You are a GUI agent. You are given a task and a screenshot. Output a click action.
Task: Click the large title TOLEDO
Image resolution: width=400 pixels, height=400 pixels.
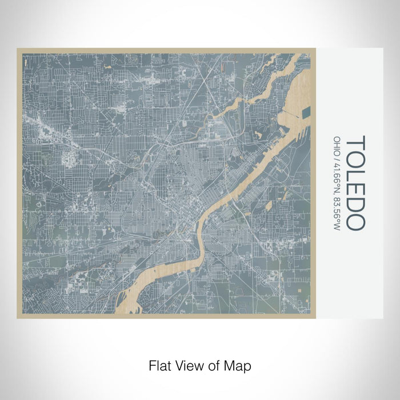click(355, 182)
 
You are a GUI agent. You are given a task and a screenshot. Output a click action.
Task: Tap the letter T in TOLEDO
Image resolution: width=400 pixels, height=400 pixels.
click(355, 141)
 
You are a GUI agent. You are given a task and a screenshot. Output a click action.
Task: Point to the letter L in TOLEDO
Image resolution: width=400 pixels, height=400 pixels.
click(355, 175)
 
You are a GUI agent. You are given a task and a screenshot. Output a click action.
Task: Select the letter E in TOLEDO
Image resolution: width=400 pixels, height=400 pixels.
click(355, 190)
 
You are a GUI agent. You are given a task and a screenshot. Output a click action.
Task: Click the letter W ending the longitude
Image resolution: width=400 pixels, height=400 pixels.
click(337, 227)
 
